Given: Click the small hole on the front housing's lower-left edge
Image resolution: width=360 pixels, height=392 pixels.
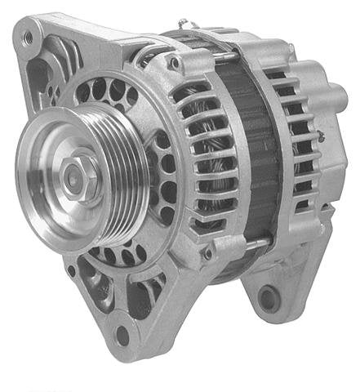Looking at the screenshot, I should pos(71,270).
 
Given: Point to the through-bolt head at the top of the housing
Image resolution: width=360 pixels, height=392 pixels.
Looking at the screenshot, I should pos(172,61).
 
